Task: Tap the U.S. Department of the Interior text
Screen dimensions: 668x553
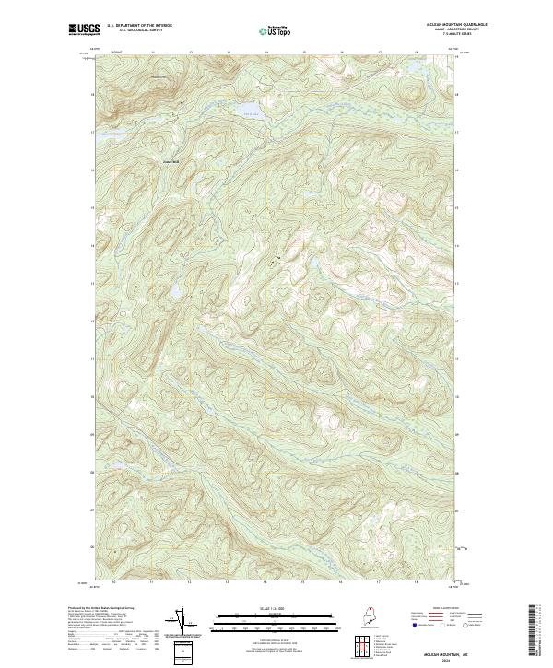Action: click(x=139, y=27)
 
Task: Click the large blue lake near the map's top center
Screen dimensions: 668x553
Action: click(x=251, y=113)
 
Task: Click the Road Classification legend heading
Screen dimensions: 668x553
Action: click(x=446, y=609)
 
